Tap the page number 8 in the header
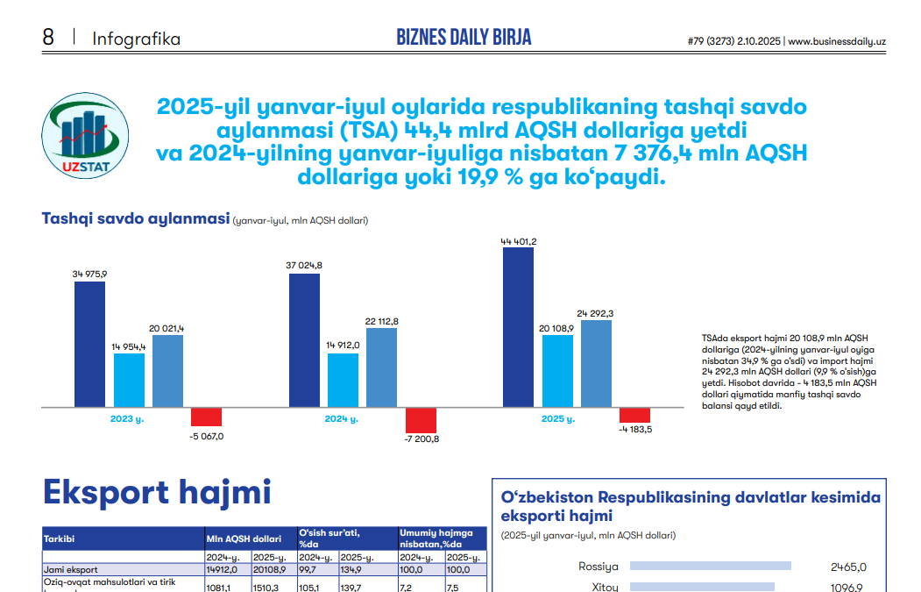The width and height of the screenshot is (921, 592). (48, 38)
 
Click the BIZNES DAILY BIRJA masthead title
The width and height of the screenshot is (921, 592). (464, 37)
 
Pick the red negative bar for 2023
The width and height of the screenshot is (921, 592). (207, 417)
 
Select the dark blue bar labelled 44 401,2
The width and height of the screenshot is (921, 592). (518, 328)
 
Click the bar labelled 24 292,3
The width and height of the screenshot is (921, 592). (596, 363)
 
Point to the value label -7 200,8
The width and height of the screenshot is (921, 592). (422, 439)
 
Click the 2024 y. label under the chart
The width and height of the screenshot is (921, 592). (342, 419)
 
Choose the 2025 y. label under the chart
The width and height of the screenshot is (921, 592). (557, 419)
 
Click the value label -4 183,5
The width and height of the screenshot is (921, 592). (634, 429)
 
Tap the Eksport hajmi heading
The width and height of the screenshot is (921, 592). (157, 492)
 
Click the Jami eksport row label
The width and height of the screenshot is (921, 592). (72, 569)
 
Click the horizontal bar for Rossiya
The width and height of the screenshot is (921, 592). (710, 567)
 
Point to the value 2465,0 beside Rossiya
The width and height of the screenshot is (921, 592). (848, 567)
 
